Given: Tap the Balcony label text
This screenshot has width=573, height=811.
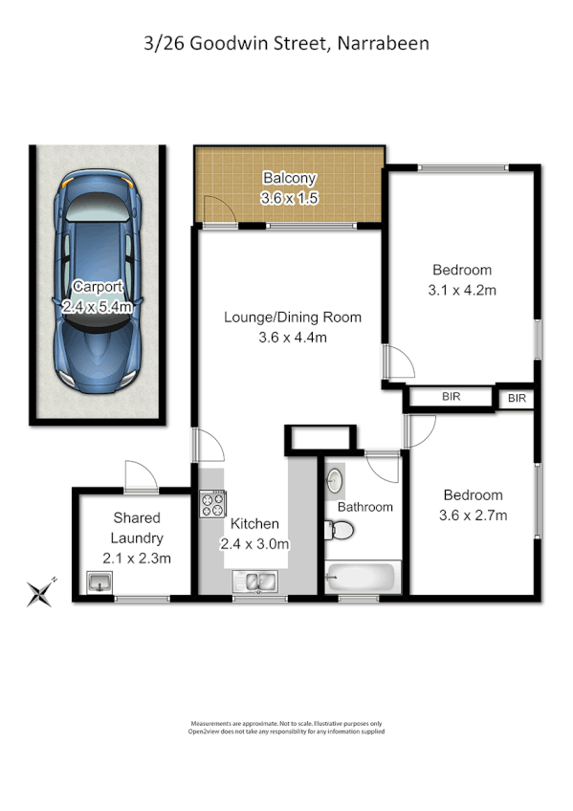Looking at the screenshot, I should point(289,178).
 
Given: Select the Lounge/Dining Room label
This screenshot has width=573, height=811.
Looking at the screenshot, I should point(293,318).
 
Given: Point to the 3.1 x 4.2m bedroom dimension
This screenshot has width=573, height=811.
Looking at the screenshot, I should point(462,289).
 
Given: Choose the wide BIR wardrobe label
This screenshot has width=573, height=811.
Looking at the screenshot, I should point(452,396).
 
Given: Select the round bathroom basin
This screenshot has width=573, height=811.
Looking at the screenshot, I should point(337,481).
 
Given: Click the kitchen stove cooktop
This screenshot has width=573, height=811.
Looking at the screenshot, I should point(212,503).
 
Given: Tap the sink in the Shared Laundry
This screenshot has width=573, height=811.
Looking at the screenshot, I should point(99,581).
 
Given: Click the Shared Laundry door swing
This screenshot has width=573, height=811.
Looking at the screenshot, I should point(139,475).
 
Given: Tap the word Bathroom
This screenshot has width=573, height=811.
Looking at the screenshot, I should point(364,507).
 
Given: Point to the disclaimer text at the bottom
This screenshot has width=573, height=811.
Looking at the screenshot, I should point(288,728).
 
